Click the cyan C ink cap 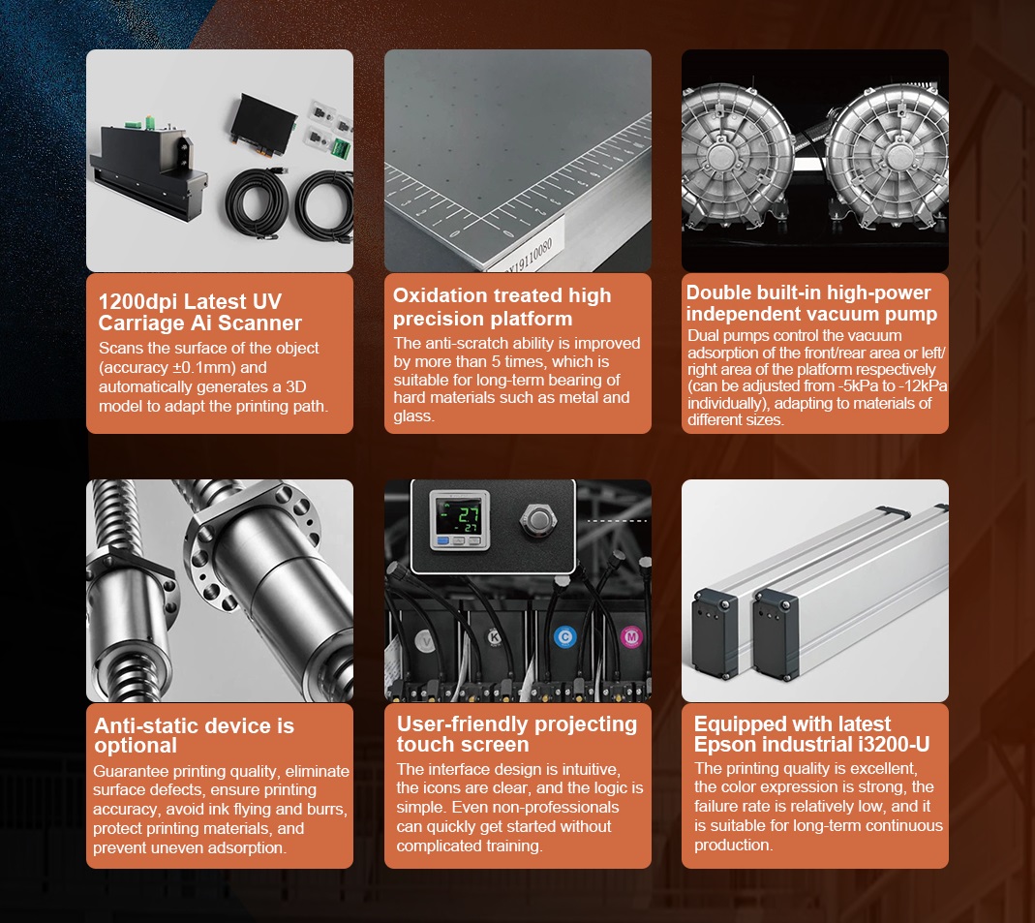564,637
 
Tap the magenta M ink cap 631,637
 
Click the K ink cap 494,637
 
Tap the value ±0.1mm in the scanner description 203,368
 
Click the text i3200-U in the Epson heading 894,745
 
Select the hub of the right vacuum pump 897,159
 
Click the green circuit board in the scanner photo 341,148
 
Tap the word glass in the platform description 413,415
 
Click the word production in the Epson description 733,846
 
